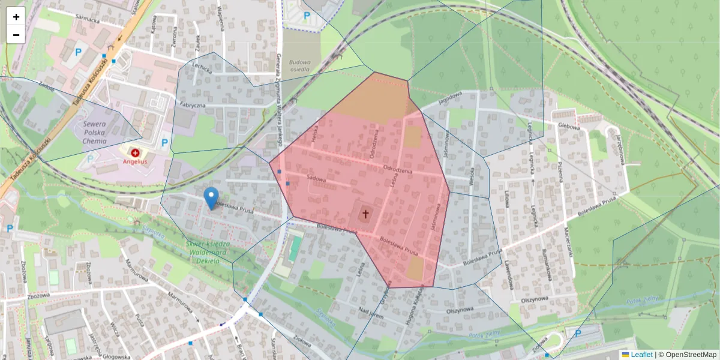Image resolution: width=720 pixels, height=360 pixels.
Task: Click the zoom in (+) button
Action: (16, 17)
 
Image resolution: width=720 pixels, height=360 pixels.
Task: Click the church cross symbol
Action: (365, 214)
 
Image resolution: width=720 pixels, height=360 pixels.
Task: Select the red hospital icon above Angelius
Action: (135, 153)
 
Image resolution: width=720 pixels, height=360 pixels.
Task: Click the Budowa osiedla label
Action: (300, 65)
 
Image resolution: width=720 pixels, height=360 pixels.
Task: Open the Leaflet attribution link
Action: (641, 355)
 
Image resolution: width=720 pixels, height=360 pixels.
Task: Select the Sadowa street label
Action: (316, 178)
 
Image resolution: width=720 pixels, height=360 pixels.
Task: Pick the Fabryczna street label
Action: (190, 104)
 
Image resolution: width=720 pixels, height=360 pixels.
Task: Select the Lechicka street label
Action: (203, 68)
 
